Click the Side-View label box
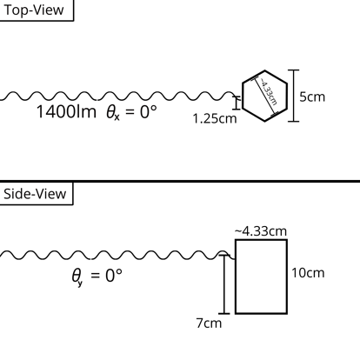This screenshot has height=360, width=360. click(37, 193)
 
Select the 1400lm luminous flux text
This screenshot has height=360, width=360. click(66, 113)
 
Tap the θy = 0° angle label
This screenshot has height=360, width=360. click(97, 277)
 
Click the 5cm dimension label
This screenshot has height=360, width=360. click(312, 96)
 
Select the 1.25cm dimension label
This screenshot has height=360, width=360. click(214, 119)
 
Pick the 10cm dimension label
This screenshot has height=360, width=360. click(308, 273)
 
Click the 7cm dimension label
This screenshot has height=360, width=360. click(208, 323)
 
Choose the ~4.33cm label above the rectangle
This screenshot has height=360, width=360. click(261, 230)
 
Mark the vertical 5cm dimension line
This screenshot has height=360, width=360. click(293, 96)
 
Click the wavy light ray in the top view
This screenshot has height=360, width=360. click(122, 96)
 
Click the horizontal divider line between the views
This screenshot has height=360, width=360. click(180, 181)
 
